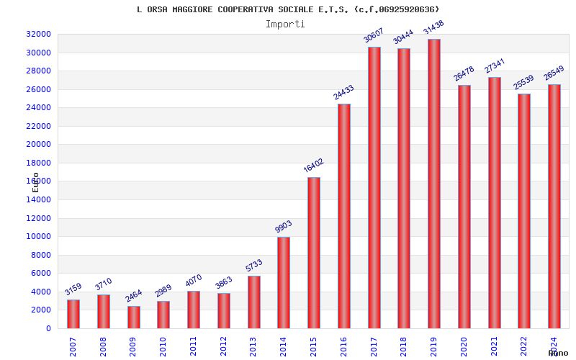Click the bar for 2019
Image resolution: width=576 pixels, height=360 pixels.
[434, 184]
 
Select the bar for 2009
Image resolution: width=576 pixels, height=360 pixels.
[134, 317]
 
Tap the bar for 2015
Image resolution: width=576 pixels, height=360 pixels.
[314, 253]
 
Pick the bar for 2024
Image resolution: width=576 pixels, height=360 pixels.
[554, 206]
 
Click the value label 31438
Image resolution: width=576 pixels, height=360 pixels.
[433, 28]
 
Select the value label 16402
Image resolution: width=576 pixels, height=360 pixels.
[313, 166]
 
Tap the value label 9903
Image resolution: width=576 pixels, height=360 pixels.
[283, 226]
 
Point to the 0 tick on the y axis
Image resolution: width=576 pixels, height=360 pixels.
[48, 328]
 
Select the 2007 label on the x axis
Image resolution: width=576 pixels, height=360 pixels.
[73, 346]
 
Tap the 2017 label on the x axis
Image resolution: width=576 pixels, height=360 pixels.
[374, 346]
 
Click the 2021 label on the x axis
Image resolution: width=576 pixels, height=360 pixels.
[494, 346]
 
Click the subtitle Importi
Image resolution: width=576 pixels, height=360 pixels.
[285, 24]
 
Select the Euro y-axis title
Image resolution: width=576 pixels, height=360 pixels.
[36, 181]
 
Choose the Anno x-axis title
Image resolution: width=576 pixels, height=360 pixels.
[558, 353]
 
